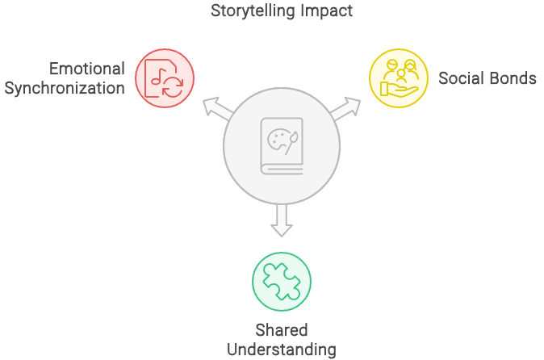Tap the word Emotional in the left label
point(87,69)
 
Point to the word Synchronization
point(65,87)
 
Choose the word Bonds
point(513,78)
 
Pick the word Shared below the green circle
point(282,331)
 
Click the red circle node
point(165,77)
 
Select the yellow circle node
point(398,77)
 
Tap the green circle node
point(282,281)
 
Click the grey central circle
point(282,146)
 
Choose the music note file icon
point(165,77)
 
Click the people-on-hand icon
point(398,77)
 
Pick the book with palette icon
point(282,146)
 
